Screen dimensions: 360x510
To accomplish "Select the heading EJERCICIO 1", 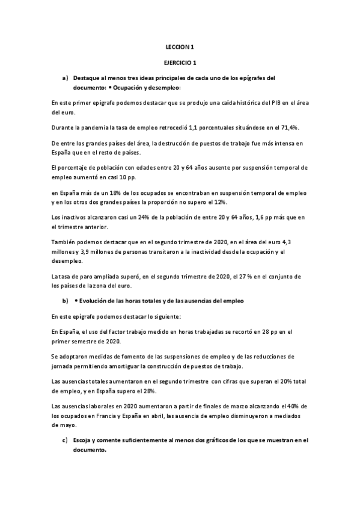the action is [x=180, y=62].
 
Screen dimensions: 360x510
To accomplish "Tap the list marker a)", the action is [x=65, y=78].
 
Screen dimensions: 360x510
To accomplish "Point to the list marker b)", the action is [x=65, y=300].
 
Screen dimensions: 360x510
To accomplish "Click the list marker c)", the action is [x=65, y=440].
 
